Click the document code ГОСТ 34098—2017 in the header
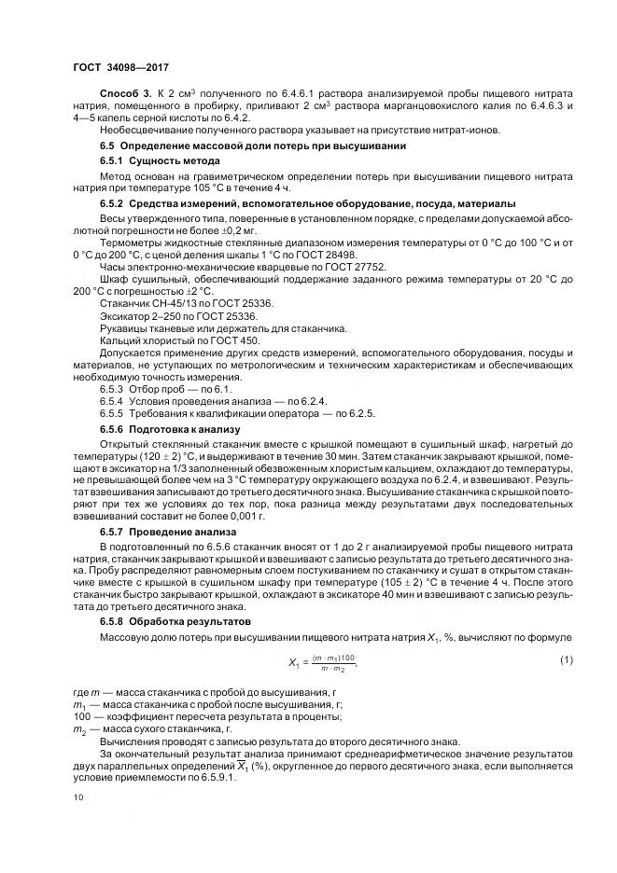click(120, 68)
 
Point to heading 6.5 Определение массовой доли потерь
click(252, 145)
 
